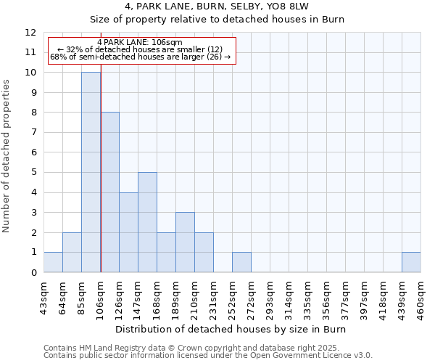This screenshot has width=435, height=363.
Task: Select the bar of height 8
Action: [x=109, y=192]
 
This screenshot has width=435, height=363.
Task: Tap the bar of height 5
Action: [x=147, y=222]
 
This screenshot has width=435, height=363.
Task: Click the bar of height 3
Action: [x=185, y=242]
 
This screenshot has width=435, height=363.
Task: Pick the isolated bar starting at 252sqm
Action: [x=241, y=262]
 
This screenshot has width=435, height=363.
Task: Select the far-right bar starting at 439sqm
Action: [x=411, y=262]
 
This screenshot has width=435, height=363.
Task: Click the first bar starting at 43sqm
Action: [x=53, y=262]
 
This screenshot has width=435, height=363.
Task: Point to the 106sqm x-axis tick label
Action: [x=101, y=296]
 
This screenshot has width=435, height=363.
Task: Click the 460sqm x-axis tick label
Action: [x=421, y=296]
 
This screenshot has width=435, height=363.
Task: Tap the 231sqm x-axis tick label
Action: [x=214, y=296]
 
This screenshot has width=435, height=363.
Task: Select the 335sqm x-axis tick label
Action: [x=308, y=296]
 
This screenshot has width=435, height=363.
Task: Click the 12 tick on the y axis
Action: [x=30, y=33]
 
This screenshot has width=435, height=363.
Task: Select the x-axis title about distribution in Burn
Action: [x=232, y=330]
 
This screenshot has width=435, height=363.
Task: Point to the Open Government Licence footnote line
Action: [x=208, y=356]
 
